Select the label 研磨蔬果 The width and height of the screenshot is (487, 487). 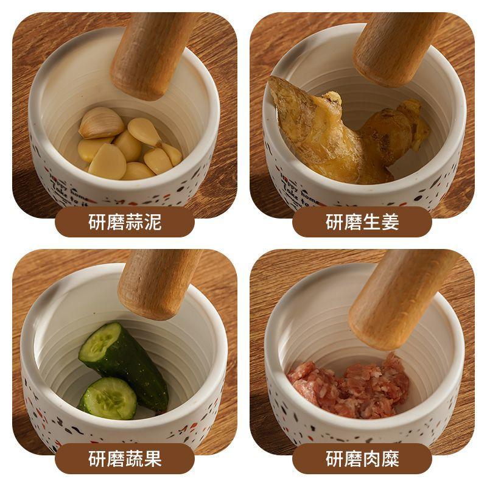(x=125, y=458)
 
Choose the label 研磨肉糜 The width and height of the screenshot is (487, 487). (x=362, y=458)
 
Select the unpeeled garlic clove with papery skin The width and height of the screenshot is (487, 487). (x=101, y=122)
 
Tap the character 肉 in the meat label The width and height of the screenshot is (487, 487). (x=371, y=458)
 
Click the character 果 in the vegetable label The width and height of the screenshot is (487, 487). (x=153, y=458)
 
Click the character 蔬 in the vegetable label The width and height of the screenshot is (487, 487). (x=134, y=458)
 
